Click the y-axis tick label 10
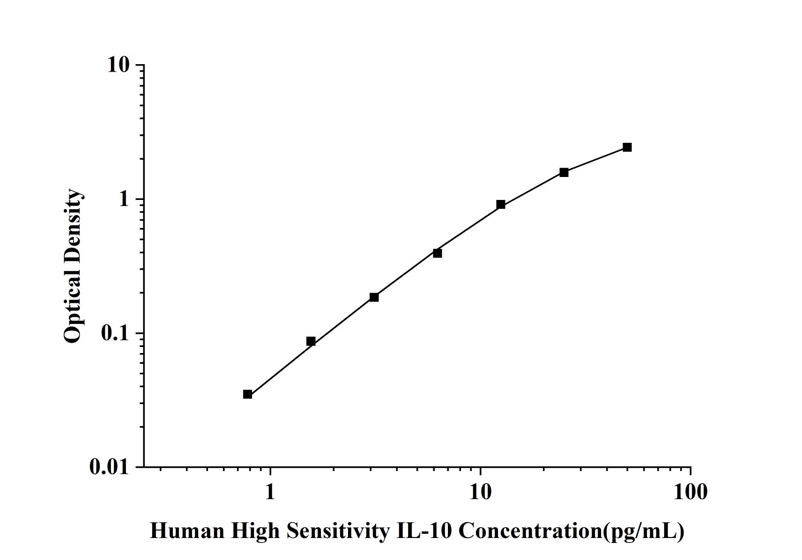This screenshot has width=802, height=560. tap(118, 65)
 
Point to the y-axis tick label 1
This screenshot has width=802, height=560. tap(124, 199)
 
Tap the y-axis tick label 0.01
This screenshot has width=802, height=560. tap(109, 467)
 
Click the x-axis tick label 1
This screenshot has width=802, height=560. tap(270, 492)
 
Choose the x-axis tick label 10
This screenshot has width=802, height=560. tap(480, 492)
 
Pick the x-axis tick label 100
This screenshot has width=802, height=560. tap(691, 492)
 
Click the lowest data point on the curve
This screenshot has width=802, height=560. tap(247, 394)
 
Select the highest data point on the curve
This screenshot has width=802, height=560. tap(627, 147)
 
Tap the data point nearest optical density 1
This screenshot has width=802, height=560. tap(501, 204)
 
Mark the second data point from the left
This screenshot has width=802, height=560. tap(311, 341)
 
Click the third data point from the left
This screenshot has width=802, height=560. tap(374, 297)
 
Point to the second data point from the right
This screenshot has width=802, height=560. tap(564, 172)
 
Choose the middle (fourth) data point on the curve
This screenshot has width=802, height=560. tap(438, 253)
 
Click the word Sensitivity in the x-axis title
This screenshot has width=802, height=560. tap(337, 531)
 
